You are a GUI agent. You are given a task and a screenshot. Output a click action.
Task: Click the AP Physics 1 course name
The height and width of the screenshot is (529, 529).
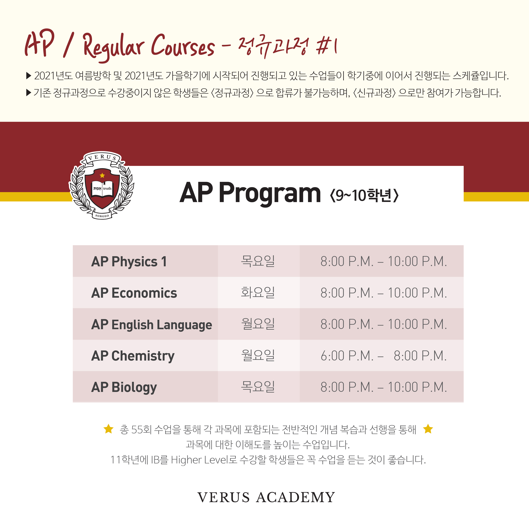pyautogui.click(x=129, y=261)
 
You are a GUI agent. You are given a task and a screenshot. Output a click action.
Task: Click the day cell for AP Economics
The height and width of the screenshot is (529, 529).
pyautogui.click(x=258, y=292)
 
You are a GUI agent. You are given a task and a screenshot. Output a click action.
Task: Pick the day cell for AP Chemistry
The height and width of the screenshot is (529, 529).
pyautogui.click(x=258, y=355)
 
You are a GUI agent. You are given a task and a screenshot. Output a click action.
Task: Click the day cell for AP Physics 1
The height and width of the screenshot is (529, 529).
pyautogui.click(x=258, y=261)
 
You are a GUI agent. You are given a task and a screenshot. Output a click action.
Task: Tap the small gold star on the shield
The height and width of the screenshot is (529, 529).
pyautogui.click(x=102, y=175)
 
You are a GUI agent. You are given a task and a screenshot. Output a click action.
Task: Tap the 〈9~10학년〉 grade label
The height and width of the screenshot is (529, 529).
pyautogui.click(x=364, y=195)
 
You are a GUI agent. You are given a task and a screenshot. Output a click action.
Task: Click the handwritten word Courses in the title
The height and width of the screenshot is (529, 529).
pyautogui.click(x=183, y=45)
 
